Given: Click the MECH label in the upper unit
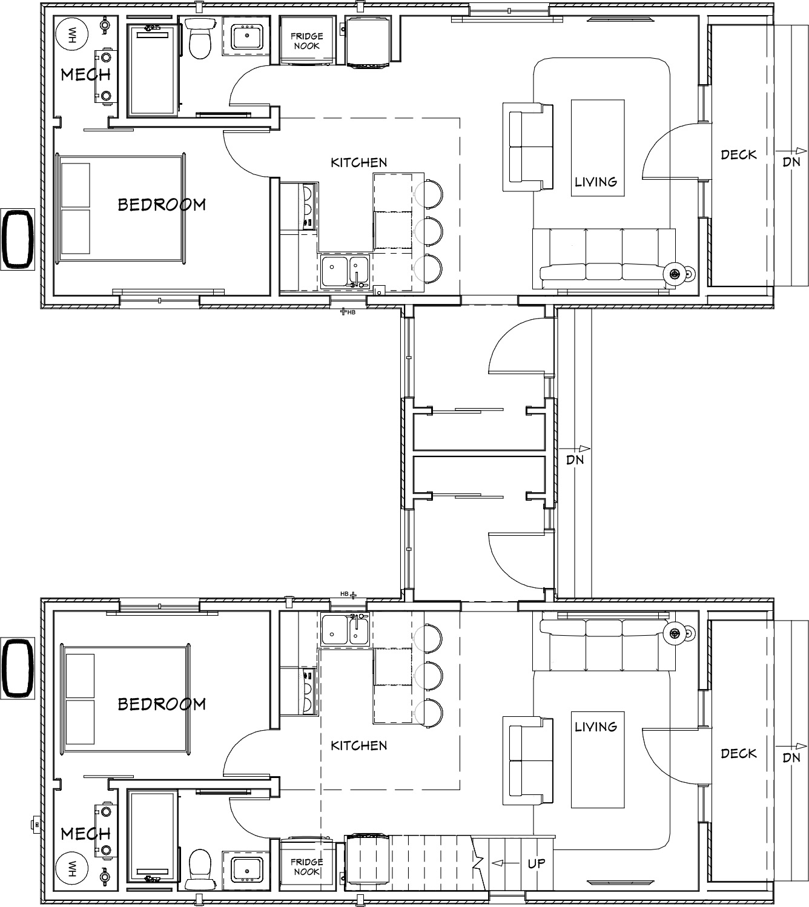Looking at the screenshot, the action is point(85,74).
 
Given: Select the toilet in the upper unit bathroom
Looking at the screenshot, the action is point(200,39).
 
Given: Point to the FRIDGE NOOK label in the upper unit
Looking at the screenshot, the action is point(306,41).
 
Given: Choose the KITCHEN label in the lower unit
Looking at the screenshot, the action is point(358,745).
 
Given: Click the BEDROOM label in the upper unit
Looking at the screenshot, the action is point(162,205).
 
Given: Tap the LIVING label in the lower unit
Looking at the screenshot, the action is point(596,726).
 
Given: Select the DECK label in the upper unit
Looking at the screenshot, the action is point(738,155).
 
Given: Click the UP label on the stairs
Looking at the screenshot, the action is point(537,863).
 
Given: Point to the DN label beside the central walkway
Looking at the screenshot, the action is point(575,460).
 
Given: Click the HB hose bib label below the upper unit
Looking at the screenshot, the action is point(351,312).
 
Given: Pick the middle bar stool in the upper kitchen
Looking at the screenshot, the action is point(429,231).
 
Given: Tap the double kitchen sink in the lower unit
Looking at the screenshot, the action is point(345,630).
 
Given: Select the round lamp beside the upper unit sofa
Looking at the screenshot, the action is point(674,273).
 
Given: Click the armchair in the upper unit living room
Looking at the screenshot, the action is point(528,147).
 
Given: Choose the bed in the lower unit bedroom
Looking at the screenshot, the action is point(125,698).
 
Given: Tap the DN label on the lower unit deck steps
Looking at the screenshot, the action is point(791,757).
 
